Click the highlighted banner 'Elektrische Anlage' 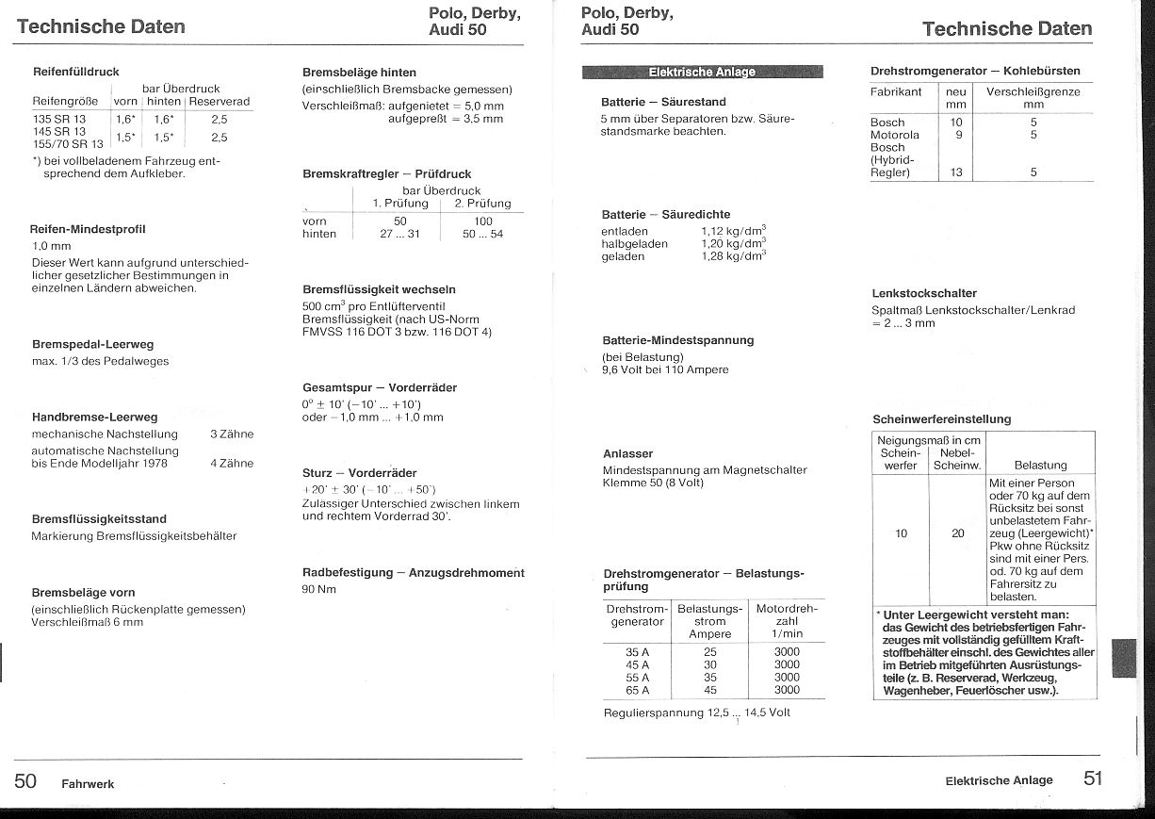[x=702, y=72]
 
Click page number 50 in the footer [x=25, y=780]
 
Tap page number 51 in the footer [x=1093, y=778]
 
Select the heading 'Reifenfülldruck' [x=75, y=72]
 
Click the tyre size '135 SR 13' [x=59, y=120]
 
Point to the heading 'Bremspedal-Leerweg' [x=92, y=345]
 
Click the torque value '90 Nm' [x=319, y=590]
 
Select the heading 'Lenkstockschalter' [x=924, y=293]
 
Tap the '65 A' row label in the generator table [x=638, y=690]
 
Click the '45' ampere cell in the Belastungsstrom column [x=709, y=690]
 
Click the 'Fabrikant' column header [x=896, y=92]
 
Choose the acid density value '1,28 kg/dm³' [x=733, y=256]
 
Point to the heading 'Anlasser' [x=627, y=453]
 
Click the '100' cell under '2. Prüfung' [x=482, y=221]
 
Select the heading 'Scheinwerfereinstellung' [x=941, y=419]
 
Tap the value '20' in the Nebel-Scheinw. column [x=957, y=533]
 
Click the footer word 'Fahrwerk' [x=88, y=784]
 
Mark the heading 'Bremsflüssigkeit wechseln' [x=379, y=289]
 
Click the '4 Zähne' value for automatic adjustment [x=232, y=463]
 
